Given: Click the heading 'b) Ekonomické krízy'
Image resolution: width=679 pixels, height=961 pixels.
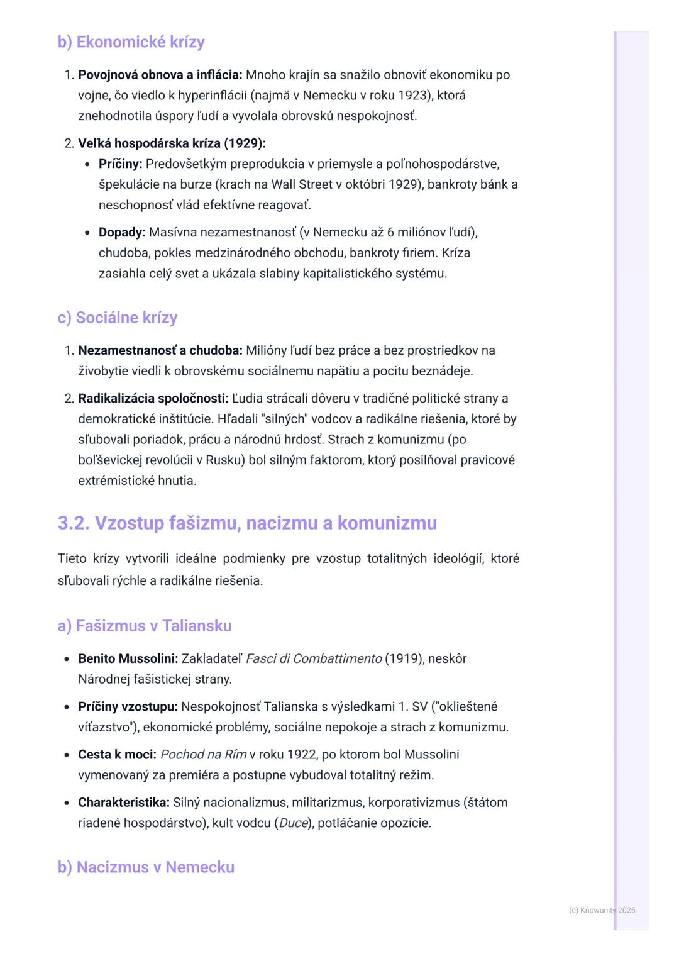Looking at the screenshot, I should pyautogui.click(x=131, y=42).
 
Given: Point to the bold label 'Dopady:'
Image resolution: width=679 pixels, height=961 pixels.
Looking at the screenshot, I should pyautogui.click(x=121, y=232).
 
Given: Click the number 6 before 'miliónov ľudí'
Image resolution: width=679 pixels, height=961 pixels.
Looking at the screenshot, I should pyautogui.click(x=390, y=232).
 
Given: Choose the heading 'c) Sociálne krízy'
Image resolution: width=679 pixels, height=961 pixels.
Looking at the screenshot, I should pyautogui.click(x=117, y=318).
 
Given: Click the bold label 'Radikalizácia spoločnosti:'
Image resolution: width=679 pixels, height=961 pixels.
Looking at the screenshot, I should pyautogui.click(x=153, y=398).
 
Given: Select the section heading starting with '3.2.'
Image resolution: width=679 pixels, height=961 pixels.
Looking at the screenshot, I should pyautogui.click(x=247, y=523).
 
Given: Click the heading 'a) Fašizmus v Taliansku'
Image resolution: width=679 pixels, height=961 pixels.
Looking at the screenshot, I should pyautogui.click(x=145, y=626).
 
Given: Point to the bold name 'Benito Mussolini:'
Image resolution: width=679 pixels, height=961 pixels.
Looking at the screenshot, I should pyautogui.click(x=128, y=658).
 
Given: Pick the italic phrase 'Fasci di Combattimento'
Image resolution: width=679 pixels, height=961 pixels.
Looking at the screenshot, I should pyautogui.click(x=313, y=658).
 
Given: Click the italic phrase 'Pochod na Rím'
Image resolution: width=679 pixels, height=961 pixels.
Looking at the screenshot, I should pyautogui.click(x=203, y=754).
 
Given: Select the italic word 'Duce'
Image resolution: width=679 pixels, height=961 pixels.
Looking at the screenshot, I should pyautogui.click(x=293, y=823).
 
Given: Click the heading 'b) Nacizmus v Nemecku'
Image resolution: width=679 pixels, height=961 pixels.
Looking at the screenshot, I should pyautogui.click(x=146, y=867).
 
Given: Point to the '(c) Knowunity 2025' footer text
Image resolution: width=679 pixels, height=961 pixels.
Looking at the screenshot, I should pyautogui.click(x=602, y=910).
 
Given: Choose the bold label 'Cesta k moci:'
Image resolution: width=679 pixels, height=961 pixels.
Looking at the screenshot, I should pyautogui.click(x=117, y=754).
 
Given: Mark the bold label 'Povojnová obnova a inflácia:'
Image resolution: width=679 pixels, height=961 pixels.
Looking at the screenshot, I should pyautogui.click(x=160, y=75).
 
